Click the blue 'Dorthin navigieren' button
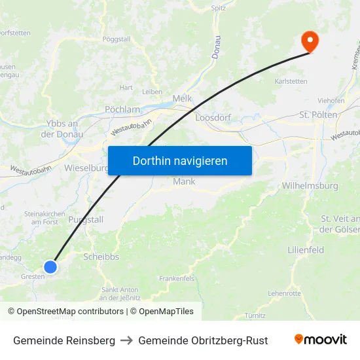tap(179, 160)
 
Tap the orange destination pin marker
tap(309, 42)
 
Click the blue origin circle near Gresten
tap(50, 266)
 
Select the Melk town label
tap(182, 98)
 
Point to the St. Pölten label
tap(318, 115)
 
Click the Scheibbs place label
tap(101, 257)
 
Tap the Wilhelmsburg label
tap(310, 186)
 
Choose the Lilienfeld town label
tap(306, 250)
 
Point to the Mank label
tap(184, 181)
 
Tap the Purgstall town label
tap(86, 219)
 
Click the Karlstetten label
tap(291, 82)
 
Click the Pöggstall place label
tap(117, 39)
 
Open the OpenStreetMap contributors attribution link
tap(68, 312)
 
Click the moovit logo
tap(321, 340)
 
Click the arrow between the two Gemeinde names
tap(126, 340)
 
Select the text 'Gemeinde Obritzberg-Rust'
tap(203, 340)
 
